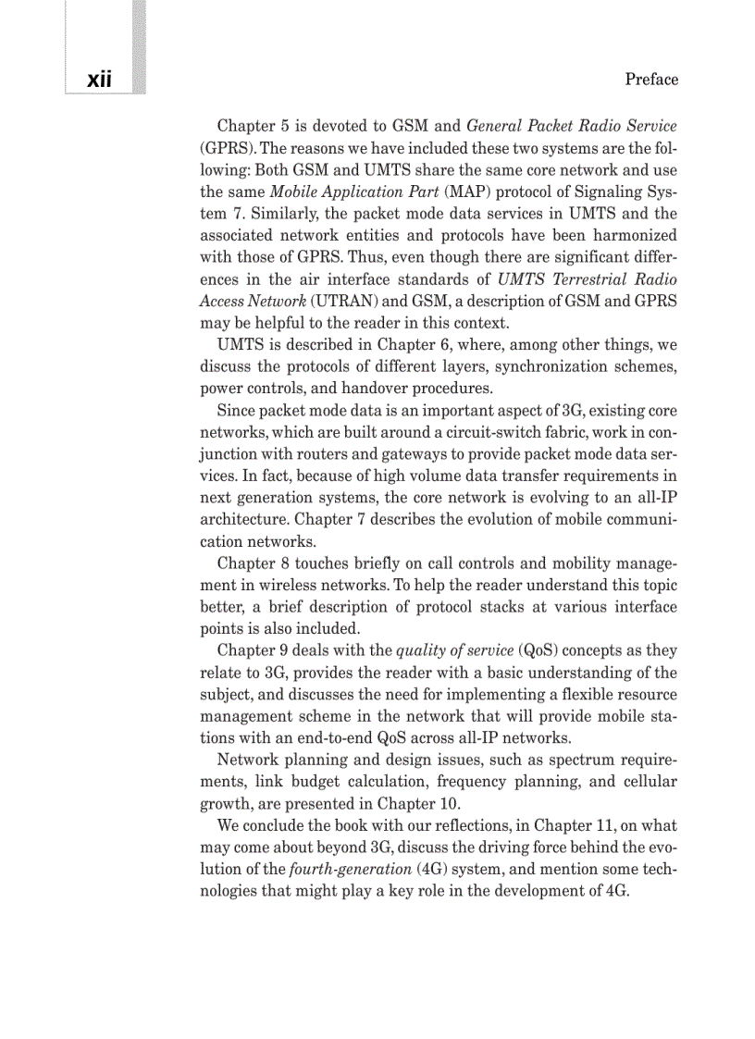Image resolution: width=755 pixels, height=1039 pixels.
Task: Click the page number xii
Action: [99, 80]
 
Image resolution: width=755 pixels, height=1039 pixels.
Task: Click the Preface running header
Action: [651, 80]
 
